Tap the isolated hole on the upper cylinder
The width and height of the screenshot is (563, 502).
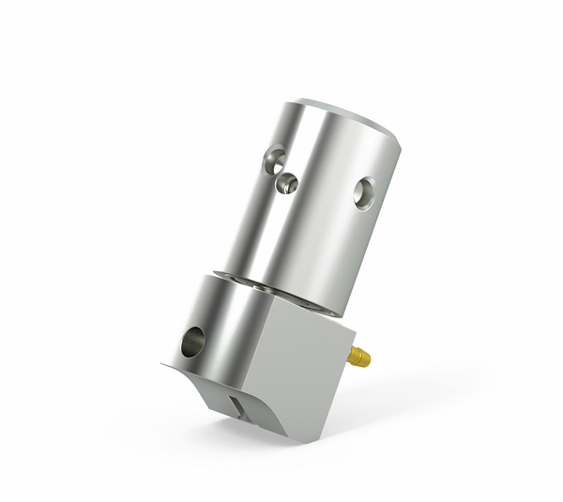(364, 194)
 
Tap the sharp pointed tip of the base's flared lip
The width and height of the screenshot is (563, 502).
(161, 364)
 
